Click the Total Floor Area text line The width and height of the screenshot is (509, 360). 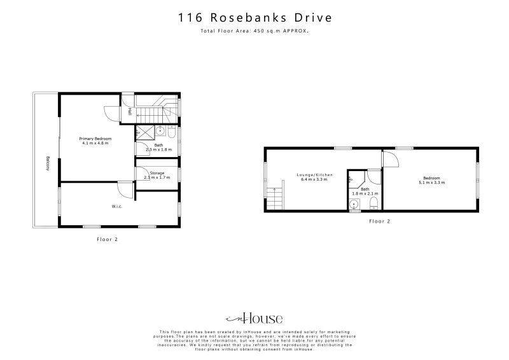point(254,31)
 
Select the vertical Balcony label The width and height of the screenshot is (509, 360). point(48,163)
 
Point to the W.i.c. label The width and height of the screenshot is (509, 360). point(117,205)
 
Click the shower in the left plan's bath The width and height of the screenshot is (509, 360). point(144,132)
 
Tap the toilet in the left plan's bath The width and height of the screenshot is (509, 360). point(172,133)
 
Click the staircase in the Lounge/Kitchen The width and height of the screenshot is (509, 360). point(274,200)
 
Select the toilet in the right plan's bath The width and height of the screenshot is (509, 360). point(375,204)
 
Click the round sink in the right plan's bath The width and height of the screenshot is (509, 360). point(354,204)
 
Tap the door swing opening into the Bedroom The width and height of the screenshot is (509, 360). point(389,159)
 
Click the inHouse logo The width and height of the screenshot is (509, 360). point(254,319)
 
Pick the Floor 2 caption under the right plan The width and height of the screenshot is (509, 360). point(379,221)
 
